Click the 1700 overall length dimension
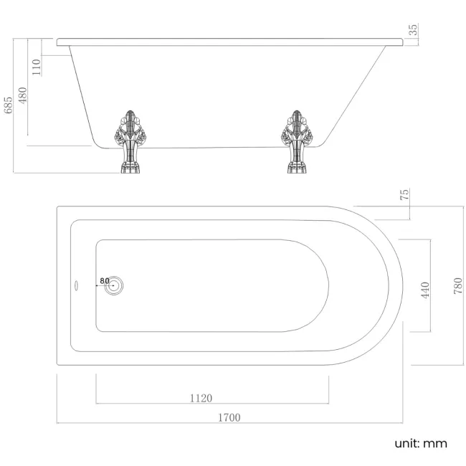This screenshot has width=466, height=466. pos(229,417)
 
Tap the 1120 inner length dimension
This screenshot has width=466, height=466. pos(201,398)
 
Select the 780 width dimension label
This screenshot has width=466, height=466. pos(458,286)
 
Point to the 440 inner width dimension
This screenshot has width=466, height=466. pos(425,290)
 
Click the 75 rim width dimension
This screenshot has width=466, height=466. pos(405,194)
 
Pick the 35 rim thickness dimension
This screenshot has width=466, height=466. pos(413,29)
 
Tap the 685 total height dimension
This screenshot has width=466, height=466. pos(9,105)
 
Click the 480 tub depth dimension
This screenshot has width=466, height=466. pos(23,95)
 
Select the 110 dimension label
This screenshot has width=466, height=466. pos(37,67)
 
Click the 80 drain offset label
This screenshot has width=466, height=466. pos(105,280)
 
